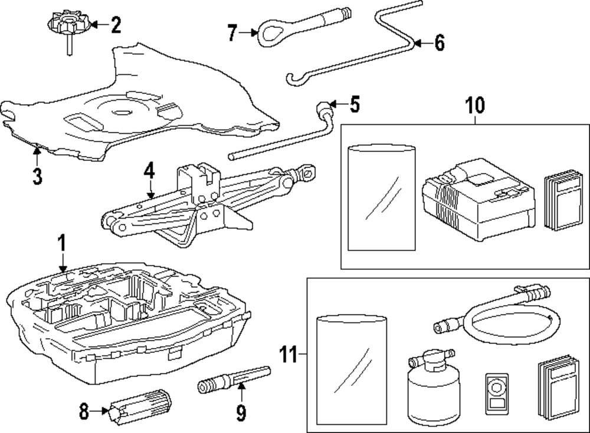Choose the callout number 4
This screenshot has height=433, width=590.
pos(149,173)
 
